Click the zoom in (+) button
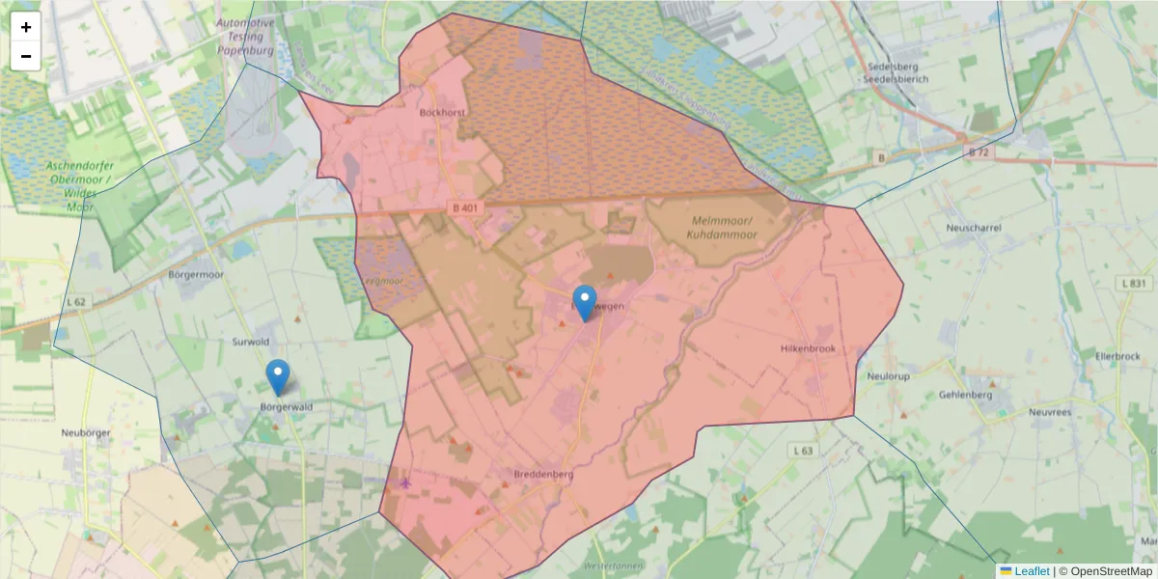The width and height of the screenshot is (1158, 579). pyautogui.click(x=26, y=27)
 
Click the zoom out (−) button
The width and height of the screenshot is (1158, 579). pyautogui.click(x=26, y=56)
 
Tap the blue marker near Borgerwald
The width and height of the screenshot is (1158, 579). pyautogui.click(x=278, y=377)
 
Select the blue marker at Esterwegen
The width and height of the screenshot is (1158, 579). pyautogui.click(x=585, y=303)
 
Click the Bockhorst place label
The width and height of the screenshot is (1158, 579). pyautogui.click(x=443, y=112)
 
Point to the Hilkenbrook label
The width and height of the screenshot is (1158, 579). pyautogui.click(x=806, y=348)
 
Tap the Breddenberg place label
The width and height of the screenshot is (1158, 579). pyautogui.click(x=543, y=475)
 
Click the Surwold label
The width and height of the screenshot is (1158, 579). pyautogui.click(x=251, y=342)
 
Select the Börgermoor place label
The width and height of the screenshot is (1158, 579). pyautogui.click(x=196, y=274)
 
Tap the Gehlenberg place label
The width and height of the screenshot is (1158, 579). pyautogui.click(x=965, y=395)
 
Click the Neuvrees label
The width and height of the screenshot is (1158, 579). pyautogui.click(x=1051, y=411)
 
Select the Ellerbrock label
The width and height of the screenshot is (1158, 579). pyautogui.click(x=1118, y=356)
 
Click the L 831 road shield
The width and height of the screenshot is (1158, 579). pyautogui.click(x=1136, y=283)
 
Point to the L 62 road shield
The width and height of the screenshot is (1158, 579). pyautogui.click(x=76, y=302)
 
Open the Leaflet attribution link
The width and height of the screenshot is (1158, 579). pyautogui.click(x=1031, y=571)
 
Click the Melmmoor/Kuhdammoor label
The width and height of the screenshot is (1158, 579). pyautogui.click(x=723, y=227)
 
